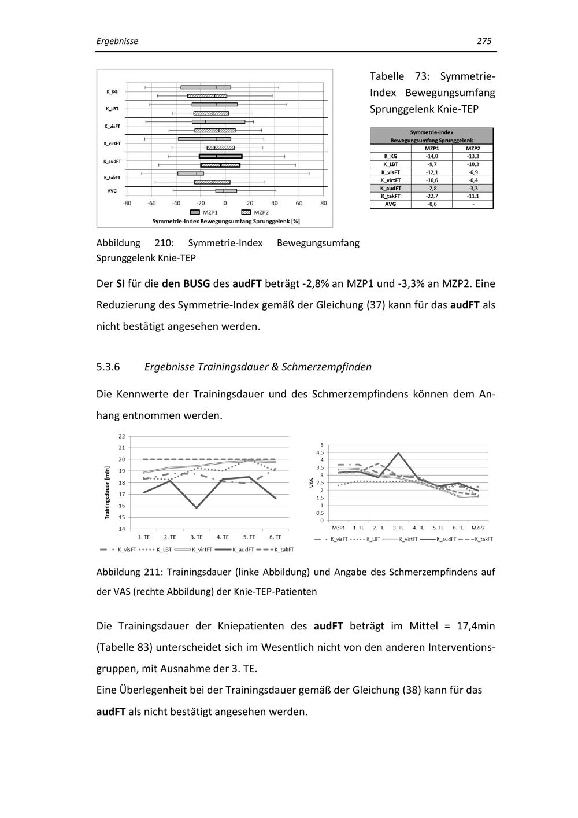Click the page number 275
[484, 41]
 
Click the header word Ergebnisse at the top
[117, 41]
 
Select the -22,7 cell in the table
[431, 196]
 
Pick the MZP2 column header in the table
[473, 149]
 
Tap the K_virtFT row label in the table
[390, 180]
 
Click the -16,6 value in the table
[431, 180]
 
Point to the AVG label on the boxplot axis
[112, 190]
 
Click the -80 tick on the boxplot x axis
[127, 204]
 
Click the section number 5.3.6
[108, 367]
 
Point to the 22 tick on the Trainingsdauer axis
[121, 436]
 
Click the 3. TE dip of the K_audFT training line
[196, 508]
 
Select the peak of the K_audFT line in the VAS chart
[398, 453]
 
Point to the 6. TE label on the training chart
[276, 537]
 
